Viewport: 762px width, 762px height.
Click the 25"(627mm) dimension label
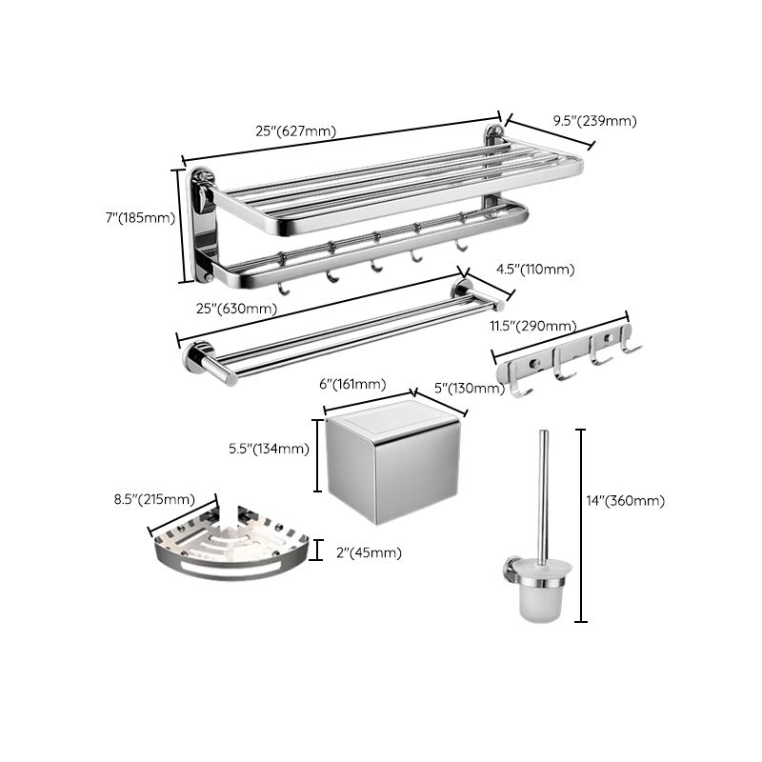coord(295,131)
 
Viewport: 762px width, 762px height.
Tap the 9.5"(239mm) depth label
coord(595,121)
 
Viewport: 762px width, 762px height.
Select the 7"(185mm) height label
coord(140,218)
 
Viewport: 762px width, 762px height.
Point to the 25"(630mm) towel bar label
coord(237,309)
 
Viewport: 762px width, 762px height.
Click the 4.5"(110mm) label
coord(534,271)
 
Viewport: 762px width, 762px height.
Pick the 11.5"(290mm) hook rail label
coord(528,327)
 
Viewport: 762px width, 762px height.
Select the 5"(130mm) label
coord(468,388)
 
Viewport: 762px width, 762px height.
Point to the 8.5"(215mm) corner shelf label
coord(153,500)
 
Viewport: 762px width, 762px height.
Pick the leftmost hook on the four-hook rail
coord(520,385)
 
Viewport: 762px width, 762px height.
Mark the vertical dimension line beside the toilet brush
coord(582,524)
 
